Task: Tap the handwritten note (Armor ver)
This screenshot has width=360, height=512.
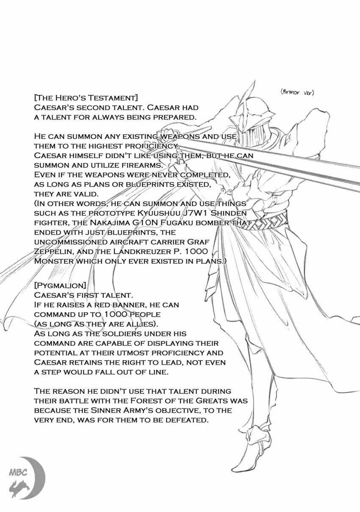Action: click(x=297, y=92)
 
